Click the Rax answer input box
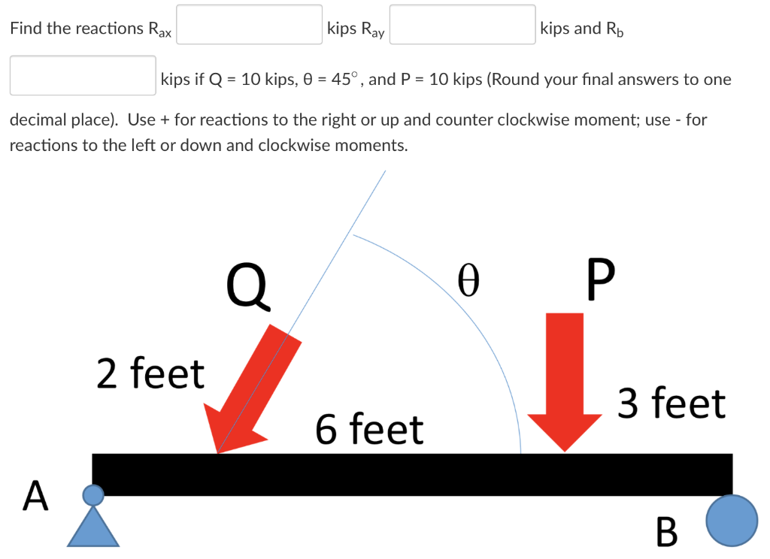(249, 26)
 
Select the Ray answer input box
(462, 26)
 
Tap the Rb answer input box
(83, 76)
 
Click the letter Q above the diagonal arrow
(248, 286)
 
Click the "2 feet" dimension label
(150, 373)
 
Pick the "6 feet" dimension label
(369, 430)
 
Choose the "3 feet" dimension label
(671, 403)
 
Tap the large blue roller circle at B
(732, 521)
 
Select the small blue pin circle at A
(93, 494)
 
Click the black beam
(412, 474)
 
